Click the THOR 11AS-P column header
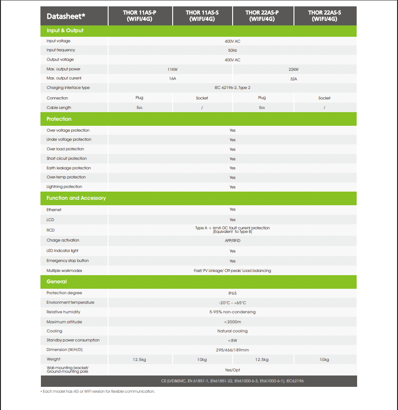[139, 16]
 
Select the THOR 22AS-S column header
[324, 16]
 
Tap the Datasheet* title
[66, 16]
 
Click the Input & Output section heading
[65, 30]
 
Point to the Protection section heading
[59, 119]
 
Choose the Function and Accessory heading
[76, 198]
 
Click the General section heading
[56, 282]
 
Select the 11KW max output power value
[172, 69]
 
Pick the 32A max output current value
[294, 79]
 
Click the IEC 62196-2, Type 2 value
[232, 88]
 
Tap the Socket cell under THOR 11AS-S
[202, 98]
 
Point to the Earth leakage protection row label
[69, 168]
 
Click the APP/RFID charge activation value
[232, 240]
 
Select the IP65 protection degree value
[232, 293]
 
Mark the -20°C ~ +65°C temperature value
[232, 302]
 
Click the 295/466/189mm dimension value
[232, 350]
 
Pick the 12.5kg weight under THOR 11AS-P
[139, 360]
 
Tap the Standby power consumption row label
[73, 340]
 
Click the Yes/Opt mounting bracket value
[232, 370]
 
